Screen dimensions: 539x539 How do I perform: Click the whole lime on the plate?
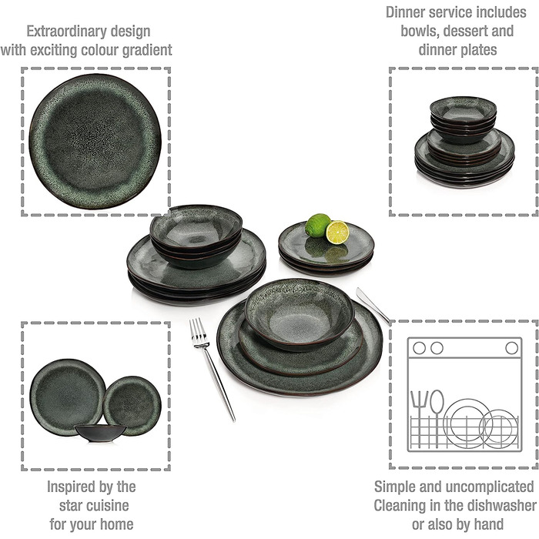(x=317, y=225)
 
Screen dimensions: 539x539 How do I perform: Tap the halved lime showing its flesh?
(x=337, y=233)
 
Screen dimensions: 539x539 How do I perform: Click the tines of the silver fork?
(x=199, y=333)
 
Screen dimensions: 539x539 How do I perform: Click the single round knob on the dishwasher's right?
(x=511, y=348)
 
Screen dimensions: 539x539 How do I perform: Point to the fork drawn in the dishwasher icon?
(x=420, y=418)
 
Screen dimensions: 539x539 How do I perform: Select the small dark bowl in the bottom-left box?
(x=101, y=433)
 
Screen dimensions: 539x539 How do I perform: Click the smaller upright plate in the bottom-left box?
(x=132, y=405)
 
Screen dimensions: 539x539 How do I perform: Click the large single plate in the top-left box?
(x=95, y=141)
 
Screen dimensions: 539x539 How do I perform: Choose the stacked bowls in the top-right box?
(x=463, y=119)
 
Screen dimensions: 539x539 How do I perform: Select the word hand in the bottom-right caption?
(x=488, y=524)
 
